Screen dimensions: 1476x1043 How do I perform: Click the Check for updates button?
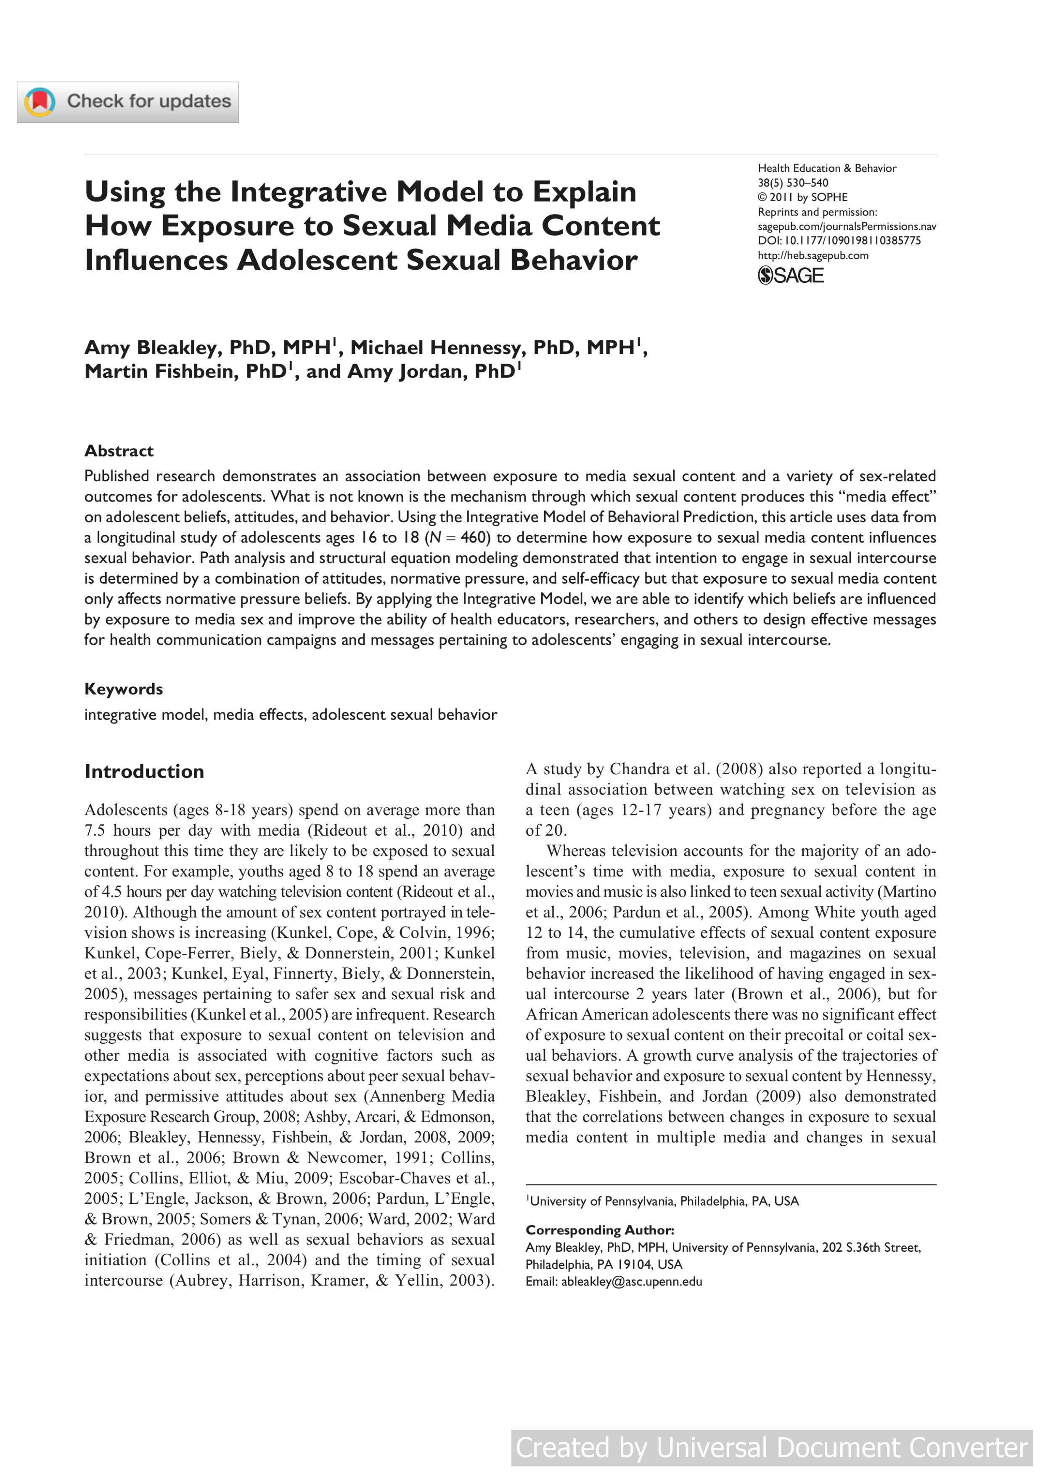tap(128, 101)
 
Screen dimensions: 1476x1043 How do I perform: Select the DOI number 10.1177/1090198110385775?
tap(853, 240)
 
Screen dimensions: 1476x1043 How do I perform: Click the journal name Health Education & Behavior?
tap(826, 168)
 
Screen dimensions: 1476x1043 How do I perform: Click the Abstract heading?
tap(119, 451)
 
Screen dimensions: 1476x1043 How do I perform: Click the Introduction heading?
tap(144, 771)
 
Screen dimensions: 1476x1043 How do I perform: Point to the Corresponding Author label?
tap(600, 1230)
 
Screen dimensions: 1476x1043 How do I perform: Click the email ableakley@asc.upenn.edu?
tap(631, 1281)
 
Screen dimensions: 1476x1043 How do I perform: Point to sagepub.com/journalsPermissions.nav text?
tap(846, 226)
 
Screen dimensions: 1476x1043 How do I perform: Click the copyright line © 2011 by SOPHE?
tap(803, 197)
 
